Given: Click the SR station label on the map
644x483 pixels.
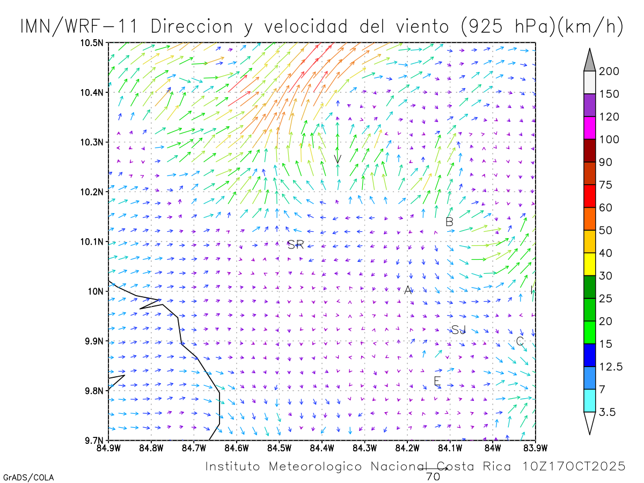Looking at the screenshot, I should point(296,245).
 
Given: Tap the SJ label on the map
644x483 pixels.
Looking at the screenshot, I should point(458,330).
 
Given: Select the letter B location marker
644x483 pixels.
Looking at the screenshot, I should point(450,222).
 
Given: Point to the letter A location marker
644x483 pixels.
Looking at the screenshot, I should point(408,290).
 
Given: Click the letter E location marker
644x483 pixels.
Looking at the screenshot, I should point(437,381).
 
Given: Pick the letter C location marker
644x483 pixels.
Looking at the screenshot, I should point(519,341).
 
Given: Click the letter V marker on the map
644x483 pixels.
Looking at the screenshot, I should point(338,159).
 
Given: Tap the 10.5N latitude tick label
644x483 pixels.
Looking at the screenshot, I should point(92,43).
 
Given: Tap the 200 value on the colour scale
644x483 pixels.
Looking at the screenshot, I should point(609,71).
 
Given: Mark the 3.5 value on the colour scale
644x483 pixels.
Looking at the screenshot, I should point(607,412).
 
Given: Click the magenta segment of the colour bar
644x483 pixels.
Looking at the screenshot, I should point(589,128).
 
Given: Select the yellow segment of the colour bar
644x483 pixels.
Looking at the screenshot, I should point(589,264).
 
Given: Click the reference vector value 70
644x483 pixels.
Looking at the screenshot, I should point(433,476).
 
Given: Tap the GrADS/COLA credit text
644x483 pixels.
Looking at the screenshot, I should point(28,477).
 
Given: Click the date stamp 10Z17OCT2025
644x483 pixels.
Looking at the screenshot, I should point(574,466).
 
